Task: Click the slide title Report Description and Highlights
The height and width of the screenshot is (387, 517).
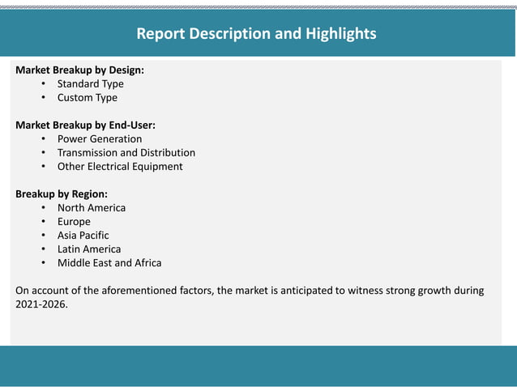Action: pos(256,34)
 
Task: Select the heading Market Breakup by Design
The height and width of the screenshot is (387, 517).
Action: pos(79,70)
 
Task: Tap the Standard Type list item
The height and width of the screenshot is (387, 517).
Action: pos(90,83)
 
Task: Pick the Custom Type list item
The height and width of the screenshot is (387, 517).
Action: pos(87,97)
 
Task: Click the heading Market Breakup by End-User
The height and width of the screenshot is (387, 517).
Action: pos(85,125)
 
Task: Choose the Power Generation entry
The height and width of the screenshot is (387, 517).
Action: pos(99,138)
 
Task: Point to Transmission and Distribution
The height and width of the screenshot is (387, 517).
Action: pos(126,152)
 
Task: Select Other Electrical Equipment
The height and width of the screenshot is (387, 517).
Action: pos(120,166)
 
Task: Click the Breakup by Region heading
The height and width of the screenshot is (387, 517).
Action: pos(62,194)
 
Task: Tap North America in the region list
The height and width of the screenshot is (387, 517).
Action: pos(91,207)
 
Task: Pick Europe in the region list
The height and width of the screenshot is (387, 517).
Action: pos(74,221)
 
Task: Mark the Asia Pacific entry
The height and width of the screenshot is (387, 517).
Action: pos(83,235)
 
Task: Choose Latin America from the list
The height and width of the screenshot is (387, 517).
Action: pos(88,249)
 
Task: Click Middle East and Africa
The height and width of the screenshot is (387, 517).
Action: pos(109,262)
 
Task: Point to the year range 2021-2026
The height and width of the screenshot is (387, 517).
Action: pos(41,304)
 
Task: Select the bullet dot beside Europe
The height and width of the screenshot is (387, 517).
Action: pos(43,222)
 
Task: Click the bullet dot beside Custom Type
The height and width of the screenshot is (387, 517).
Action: pos(43,98)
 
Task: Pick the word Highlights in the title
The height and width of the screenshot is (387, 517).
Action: pos(340,34)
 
